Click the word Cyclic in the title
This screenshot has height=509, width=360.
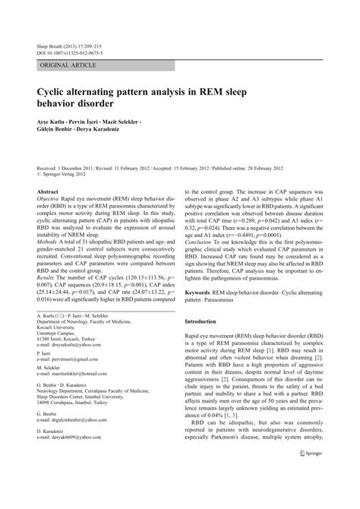(55, 90)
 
